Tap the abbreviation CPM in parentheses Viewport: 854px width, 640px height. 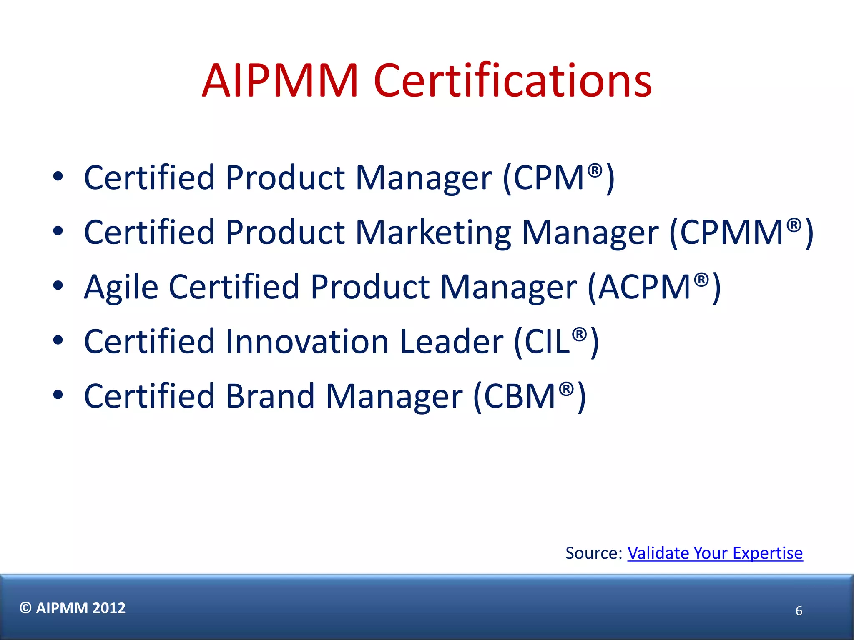click(x=548, y=178)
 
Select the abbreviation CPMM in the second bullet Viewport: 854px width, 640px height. click(x=732, y=232)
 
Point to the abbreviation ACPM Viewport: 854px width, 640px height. click(x=644, y=287)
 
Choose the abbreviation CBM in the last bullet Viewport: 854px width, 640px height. click(x=519, y=396)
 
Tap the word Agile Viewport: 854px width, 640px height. click(x=121, y=287)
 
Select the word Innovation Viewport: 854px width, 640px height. click(x=307, y=342)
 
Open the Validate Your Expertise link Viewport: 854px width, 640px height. click(x=715, y=553)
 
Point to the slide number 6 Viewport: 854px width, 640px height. click(x=799, y=611)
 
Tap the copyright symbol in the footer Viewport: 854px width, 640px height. click(x=25, y=608)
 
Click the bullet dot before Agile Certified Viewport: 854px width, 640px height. click(x=58, y=286)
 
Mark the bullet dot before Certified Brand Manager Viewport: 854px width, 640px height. click(x=58, y=395)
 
